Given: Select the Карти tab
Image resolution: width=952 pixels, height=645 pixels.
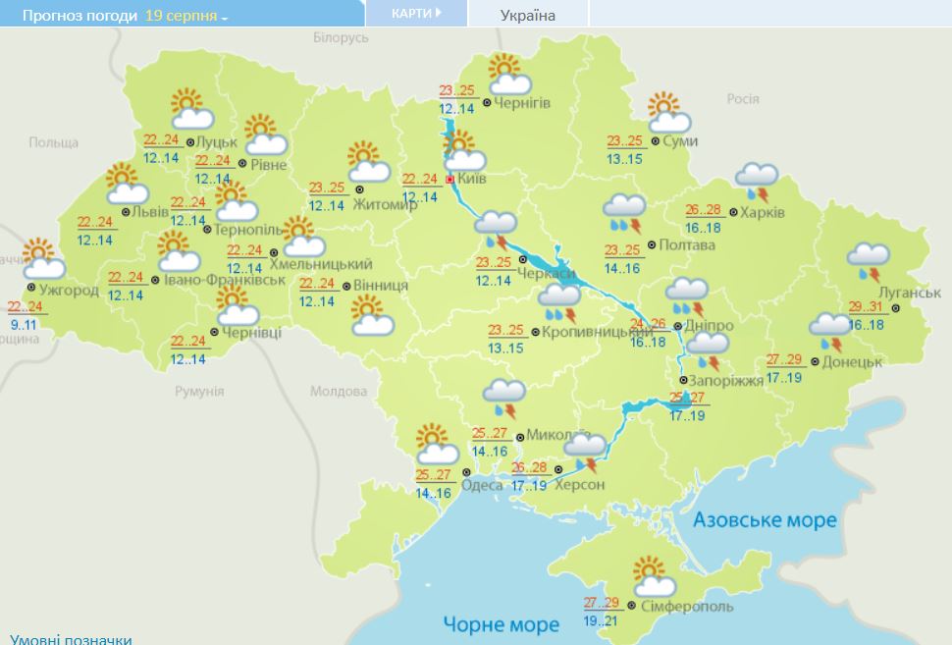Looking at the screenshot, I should (x=415, y=14).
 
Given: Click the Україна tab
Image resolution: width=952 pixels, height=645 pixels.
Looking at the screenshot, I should (x=527, y=15).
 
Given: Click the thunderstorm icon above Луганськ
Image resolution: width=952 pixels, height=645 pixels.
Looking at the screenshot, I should (x=869, y=261).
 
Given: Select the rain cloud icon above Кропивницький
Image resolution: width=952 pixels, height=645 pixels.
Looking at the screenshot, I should (x=559, y=301).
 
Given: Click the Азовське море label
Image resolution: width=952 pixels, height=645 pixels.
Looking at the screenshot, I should (x=766, y=519).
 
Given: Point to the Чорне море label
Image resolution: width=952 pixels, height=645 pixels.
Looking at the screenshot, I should (x=501, y=623).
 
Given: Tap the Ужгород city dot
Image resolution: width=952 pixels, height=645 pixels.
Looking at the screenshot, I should (x=31, y=288).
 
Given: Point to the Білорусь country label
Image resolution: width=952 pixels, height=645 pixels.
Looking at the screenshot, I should (x=341, y=37).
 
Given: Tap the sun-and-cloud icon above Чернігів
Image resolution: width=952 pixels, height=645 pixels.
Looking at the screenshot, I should (x=507, y=75).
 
